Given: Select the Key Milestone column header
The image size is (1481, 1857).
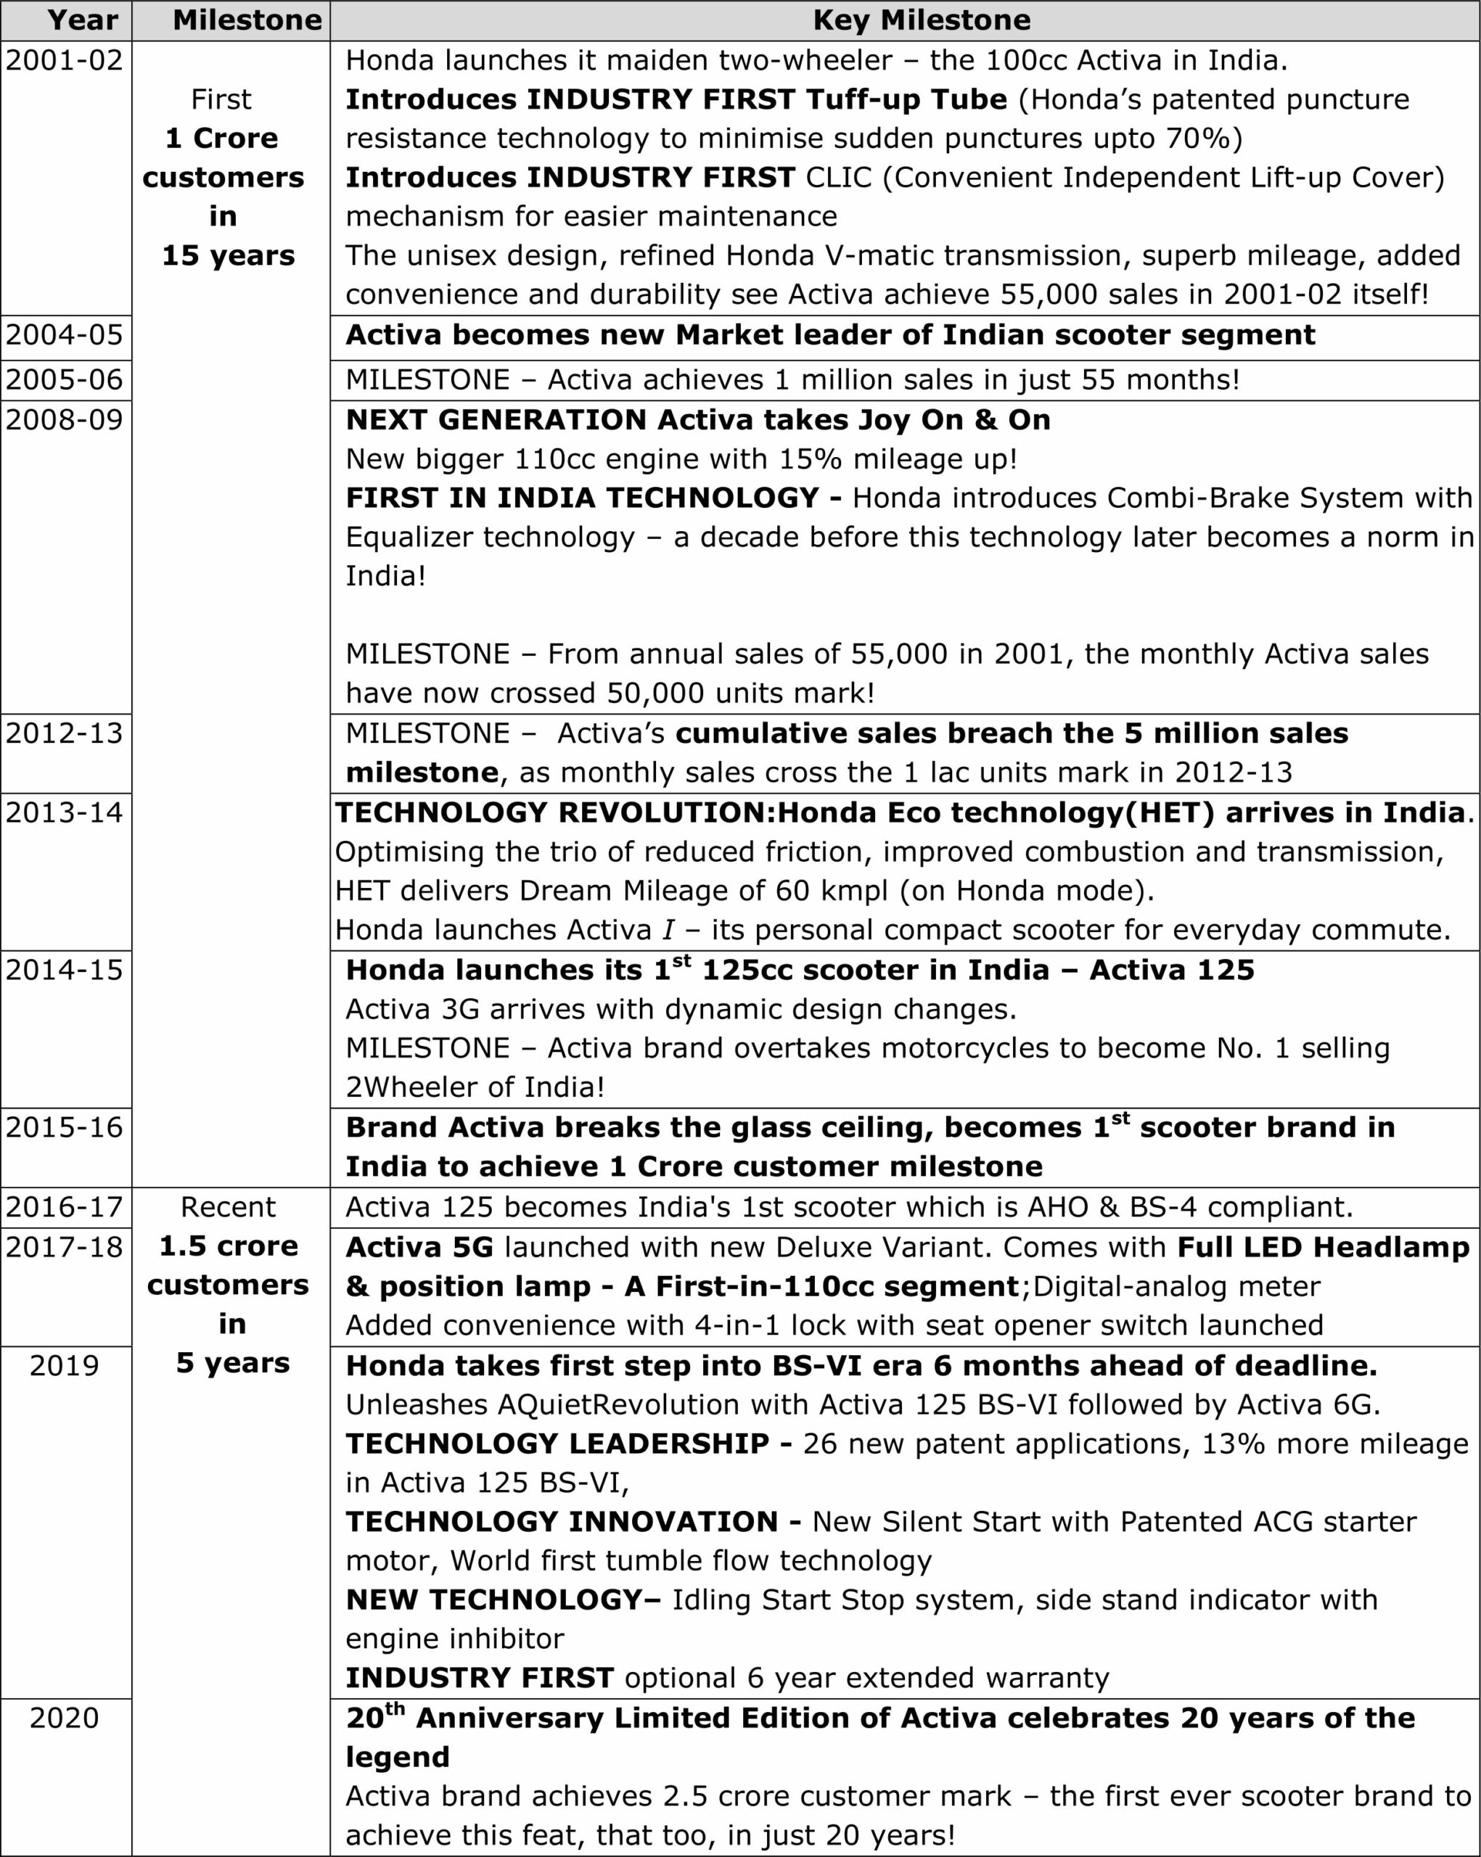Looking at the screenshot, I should click(921, 20).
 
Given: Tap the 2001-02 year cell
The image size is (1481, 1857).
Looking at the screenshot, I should click(65, 60).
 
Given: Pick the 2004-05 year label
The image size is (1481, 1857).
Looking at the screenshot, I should click(65, 334).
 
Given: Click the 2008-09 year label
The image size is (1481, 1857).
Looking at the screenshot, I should click(65, 419).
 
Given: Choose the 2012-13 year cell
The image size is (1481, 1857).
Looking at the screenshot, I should click(65, 733).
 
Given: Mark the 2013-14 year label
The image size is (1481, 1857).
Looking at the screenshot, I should click(65, 812).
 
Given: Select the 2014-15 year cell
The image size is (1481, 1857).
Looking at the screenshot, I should click(65, 970).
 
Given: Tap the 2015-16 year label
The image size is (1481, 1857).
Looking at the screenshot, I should click(65, 1127).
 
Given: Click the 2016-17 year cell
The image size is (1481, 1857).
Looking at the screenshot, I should click(65, 1207).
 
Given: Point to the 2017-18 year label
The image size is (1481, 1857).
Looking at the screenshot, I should click(65, 1246).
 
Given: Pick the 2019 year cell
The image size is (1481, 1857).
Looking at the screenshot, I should click(65, 1365).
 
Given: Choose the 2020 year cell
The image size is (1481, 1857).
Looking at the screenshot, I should click(65, 1718).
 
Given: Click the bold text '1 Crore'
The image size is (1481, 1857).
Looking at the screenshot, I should click(221, 138).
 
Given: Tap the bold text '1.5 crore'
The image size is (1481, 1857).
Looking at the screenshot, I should click(229, 1245).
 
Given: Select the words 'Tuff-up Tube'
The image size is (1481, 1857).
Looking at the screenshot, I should click(906, 99).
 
